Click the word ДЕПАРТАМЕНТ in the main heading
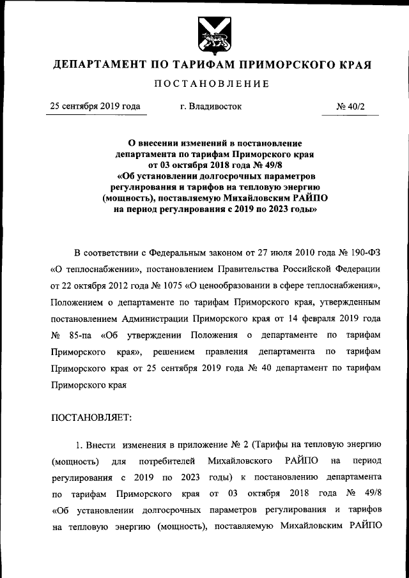[96, 65]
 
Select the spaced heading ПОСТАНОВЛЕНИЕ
[211, 84]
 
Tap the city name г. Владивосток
[211, 106]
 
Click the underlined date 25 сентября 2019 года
[96, 106]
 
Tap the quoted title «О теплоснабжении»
[88, 266]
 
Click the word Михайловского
[238, 460]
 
